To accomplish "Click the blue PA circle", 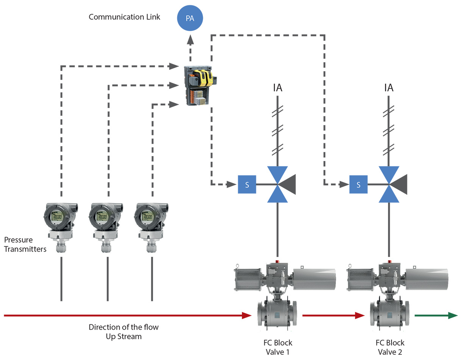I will [x=190, y=18].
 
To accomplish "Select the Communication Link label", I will [x=124, y=17].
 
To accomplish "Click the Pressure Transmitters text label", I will [x=25, y=244].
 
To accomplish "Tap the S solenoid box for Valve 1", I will [x=247, y=185].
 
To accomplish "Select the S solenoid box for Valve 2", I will [x=358, y=185].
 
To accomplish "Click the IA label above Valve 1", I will [x=278, y=88].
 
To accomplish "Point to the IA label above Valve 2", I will [x=389, y=88].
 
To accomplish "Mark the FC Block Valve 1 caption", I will [x=278, y=347].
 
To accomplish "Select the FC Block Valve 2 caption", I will [x=390, y=347].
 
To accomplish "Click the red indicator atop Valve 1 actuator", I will [x=278, y=261].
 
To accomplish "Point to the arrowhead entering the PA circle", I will [x=190, y=39].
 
